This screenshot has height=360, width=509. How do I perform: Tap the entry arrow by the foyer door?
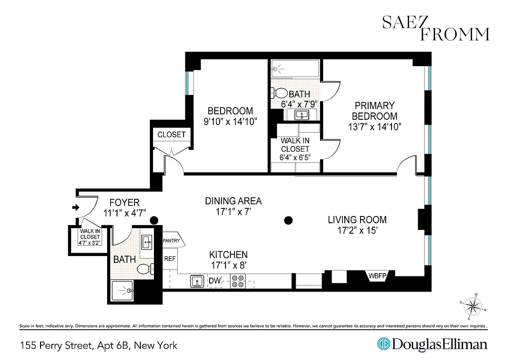[76, 207]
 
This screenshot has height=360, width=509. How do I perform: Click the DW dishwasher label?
[215, 281]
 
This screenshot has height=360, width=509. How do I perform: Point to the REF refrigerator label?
[170, 259]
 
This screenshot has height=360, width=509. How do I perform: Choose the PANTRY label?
[171, 241]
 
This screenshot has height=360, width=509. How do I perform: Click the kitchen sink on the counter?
[197, 281]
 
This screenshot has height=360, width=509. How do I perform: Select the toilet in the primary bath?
[279, 93]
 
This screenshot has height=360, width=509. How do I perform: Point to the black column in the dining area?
[288, 220]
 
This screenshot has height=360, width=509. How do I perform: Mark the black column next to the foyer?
[154, 220]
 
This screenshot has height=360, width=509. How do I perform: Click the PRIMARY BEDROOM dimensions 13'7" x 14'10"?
[374, 127]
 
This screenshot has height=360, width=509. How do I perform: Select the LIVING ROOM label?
[357, 220]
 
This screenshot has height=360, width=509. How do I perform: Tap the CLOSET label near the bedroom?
[171, 135]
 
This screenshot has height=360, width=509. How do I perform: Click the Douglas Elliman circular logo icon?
[383, 345]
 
